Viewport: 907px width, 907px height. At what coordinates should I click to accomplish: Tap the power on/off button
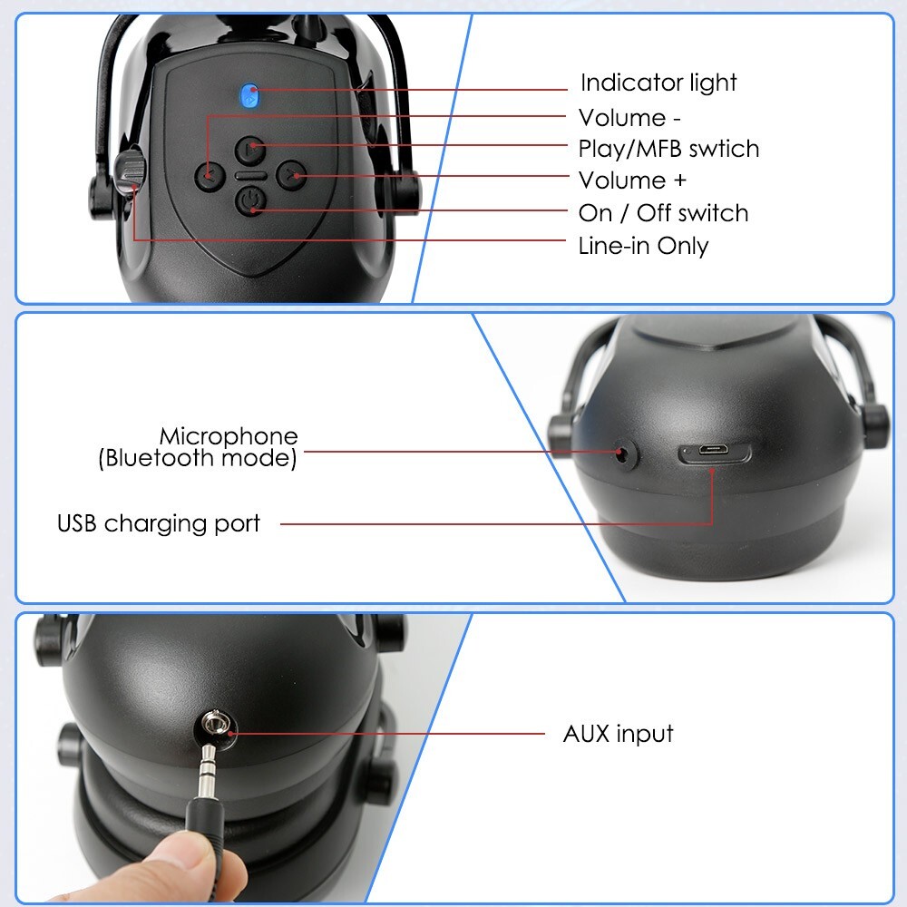click(x=250, y=200)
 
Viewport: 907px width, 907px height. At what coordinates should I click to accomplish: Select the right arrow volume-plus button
click(x=291, y=174)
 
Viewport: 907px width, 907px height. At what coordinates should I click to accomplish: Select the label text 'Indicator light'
click(x=658, y=83)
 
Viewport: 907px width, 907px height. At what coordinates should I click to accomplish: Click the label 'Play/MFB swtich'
click(x=668, y=149)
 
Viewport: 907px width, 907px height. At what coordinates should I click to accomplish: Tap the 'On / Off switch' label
click(x=663, y=213)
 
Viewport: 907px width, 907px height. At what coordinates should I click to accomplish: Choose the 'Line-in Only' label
click(x=643, y=246)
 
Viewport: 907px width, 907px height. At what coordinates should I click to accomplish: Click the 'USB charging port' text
click(x=159, y=524)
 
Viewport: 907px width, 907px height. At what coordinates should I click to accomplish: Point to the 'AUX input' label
click(x=618, y=733)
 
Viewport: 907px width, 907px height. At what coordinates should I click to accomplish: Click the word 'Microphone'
click(x=229, y=437)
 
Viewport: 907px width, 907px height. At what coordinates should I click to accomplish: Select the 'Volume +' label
click(x=632, y=180)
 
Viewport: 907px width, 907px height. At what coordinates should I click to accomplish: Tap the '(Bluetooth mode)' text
click(x=197, y=458)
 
